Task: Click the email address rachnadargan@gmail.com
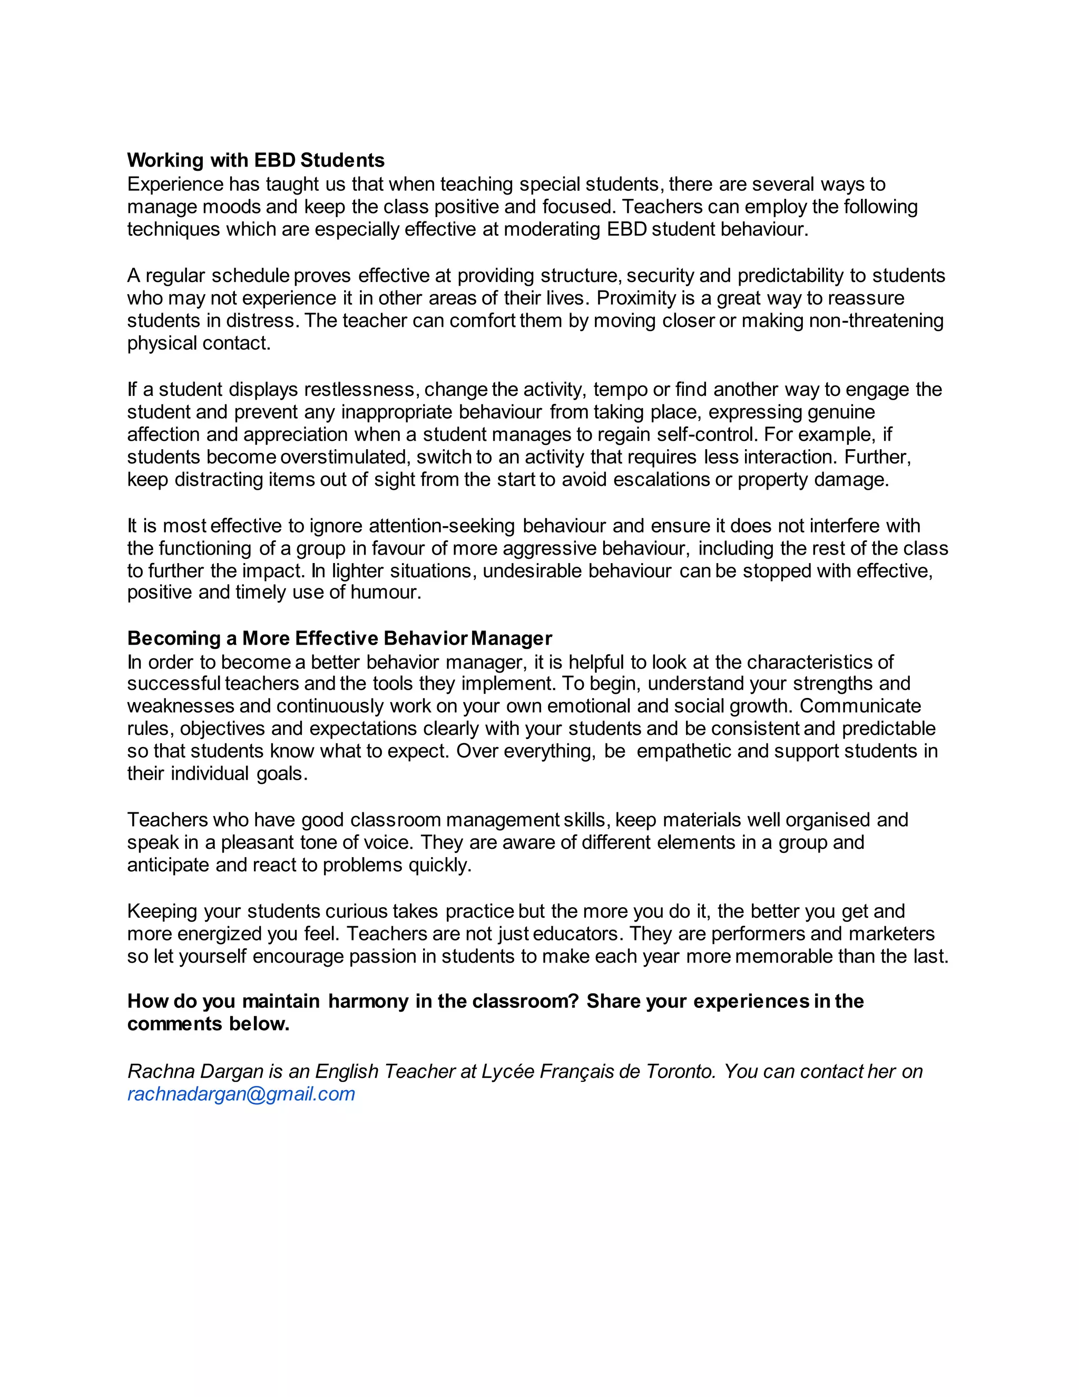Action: tap(241, 1094)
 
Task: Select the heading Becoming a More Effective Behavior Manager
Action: tap(339, 638)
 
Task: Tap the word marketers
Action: tap(891, 934)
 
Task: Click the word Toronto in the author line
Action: tap(681, 1071)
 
